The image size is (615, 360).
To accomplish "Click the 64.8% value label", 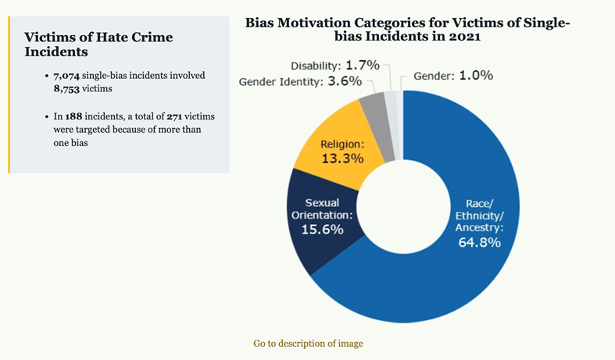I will (x=479, y=242).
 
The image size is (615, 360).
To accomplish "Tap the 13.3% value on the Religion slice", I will (x=342, y=158).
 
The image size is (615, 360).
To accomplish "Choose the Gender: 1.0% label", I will (x=453, y=76).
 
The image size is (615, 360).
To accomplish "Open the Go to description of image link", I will (x=308, y=343).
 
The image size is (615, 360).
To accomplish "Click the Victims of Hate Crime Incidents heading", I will (x=98, y=44).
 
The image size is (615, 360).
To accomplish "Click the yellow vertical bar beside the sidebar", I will (x=9, y=93).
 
